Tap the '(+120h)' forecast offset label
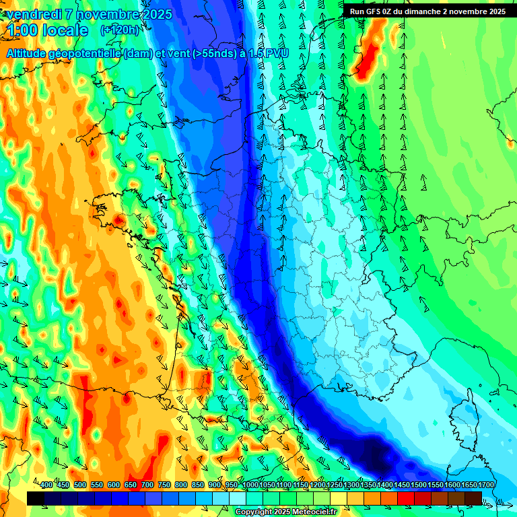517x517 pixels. (x=119, y=30)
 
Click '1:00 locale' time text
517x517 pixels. (x=47, y=30)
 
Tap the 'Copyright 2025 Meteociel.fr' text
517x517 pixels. (x=285, y=512)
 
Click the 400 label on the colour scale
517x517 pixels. (x=46, y=485)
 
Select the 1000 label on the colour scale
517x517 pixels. (x=250, y=485)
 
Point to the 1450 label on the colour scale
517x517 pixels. (x=402, y=485)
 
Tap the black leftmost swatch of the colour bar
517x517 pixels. (x=35, y=498)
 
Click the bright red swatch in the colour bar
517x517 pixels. (x=405, y=498)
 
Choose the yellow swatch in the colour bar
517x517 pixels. (x=338, y=498)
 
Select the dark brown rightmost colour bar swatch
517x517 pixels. (x=473, y=498)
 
